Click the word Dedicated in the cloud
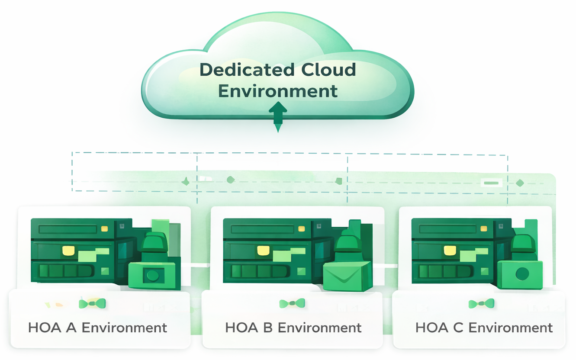click(x=247, y=70)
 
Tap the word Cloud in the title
click(x=328, y=70)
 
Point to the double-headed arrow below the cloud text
click(x=278, y=117)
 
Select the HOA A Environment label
click(x=97, y=328)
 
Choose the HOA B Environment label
click(x=293, y=328)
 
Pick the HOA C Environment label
click(x=484, y=328)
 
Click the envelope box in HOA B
click(x=348, y=276)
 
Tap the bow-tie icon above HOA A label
click(x=92, y=304)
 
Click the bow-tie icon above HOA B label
click(x=292, y=303)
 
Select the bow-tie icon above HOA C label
click(x=481, y=304)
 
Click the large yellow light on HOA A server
click(x=68, y=251)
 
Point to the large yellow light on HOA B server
click(x=263, y=251)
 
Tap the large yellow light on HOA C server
click(x=450, y=251)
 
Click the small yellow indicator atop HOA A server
click(x=105, y=228)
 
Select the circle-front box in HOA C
click(x=520, y=275)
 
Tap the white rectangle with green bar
click(x=492, y=183)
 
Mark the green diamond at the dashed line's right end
click(x=520, y=183)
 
